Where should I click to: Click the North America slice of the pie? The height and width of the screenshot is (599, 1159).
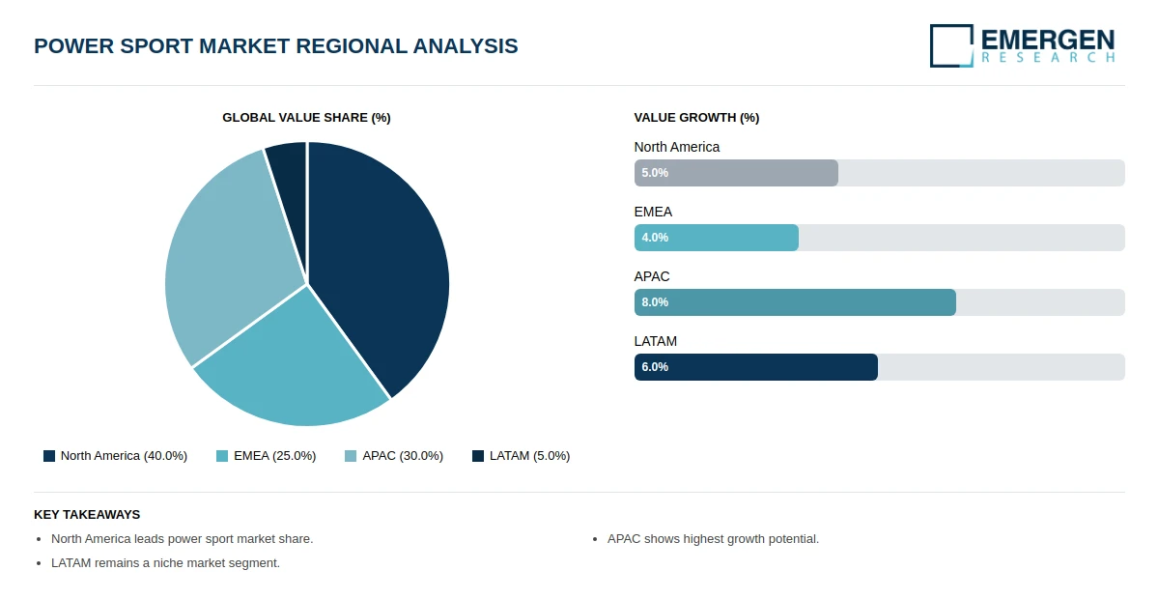382,261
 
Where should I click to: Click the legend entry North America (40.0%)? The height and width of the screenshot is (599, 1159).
116,456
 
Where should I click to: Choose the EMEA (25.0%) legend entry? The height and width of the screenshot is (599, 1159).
267,456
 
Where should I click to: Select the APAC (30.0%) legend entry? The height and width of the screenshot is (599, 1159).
394,456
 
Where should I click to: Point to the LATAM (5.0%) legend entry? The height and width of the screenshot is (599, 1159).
522,456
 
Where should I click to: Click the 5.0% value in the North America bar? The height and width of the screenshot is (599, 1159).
655,173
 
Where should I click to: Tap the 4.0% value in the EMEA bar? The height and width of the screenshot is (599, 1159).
655,238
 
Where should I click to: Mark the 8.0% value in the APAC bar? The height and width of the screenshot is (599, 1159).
655,302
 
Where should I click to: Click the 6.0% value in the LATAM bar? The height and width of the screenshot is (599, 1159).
655,367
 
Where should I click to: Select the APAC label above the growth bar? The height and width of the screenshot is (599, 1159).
652,276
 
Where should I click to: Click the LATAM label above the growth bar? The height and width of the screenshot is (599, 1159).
656,341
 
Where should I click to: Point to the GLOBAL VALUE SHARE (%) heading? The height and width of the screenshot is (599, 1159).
306,118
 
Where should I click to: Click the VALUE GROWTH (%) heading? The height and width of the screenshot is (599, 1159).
696,118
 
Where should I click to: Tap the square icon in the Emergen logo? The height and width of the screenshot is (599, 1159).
951,45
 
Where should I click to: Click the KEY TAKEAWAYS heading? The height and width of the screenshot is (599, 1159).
87,515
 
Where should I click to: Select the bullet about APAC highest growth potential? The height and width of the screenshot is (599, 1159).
713,539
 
